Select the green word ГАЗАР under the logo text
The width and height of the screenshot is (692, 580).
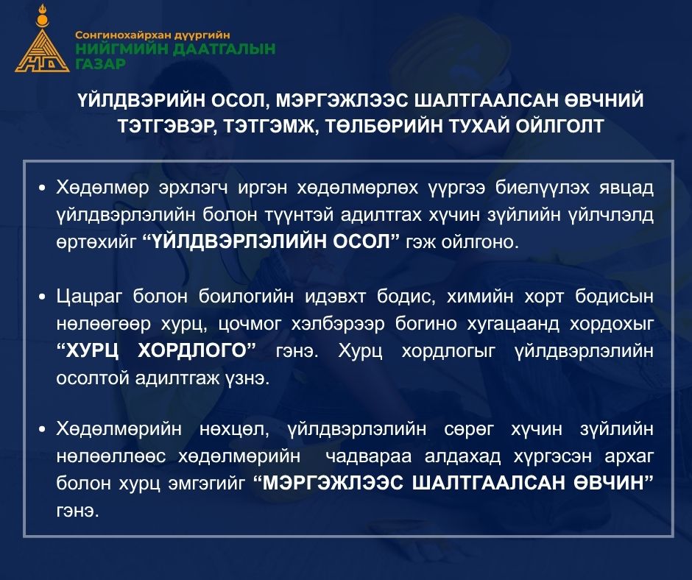tap(100, 64)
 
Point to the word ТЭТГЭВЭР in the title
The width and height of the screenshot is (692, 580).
tap(167, 127)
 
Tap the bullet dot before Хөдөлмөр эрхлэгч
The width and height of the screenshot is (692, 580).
tap(42, 188)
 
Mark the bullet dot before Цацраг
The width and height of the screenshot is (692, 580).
tap(42, 297)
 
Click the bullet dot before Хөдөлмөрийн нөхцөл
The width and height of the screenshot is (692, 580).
tap(42, 429)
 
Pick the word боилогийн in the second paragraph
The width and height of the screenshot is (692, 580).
tap(246, 297)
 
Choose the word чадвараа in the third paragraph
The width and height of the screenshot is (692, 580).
tap(369, 456)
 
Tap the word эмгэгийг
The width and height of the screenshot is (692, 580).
tap(207, 484)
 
